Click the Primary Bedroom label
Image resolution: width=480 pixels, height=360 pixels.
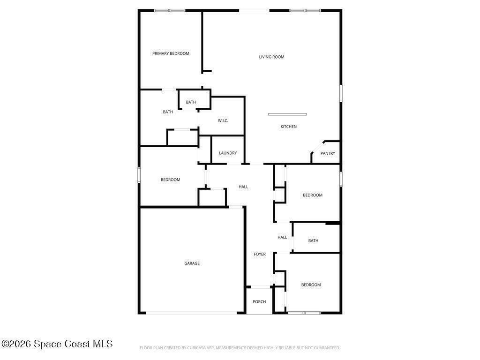[171, 53]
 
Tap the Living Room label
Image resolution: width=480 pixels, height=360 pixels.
[271, 57]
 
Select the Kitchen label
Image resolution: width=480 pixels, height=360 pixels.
[288, 127]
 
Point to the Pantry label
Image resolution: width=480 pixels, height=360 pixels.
[328, 153]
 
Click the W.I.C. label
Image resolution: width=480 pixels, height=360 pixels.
[223, 120]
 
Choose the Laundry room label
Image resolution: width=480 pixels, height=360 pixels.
[228, 153]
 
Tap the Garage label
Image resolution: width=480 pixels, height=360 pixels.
[192, 263]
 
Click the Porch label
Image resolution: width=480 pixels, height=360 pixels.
[259, 301]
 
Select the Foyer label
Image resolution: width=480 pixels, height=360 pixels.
[260, 254]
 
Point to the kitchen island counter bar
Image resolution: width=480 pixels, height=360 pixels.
[287, 114]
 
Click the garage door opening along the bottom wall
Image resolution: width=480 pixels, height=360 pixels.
[192, 313]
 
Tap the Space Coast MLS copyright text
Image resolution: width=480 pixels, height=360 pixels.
[57, 344]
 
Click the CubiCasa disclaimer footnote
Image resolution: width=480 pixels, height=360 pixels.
[240, 348]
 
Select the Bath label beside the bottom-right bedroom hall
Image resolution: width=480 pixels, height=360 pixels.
[313, 240]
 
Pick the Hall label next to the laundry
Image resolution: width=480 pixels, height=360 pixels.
[243, 187]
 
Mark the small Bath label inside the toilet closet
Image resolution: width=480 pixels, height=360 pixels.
[191, 102]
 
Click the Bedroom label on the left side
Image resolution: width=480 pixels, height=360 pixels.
[170, 180]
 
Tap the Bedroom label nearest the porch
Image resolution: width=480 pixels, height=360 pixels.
[311, 285]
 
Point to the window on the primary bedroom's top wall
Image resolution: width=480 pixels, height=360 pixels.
[170, 10]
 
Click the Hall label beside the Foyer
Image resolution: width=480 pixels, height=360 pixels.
[282, 237]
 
